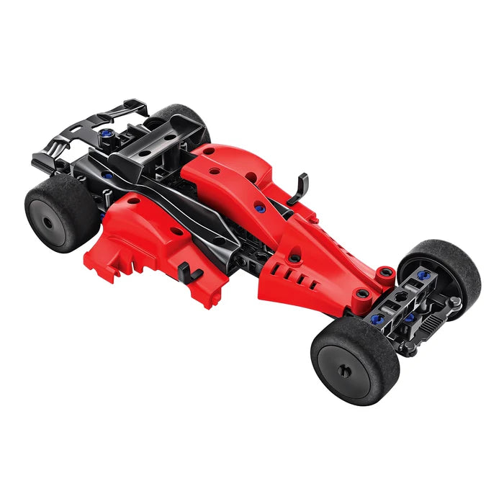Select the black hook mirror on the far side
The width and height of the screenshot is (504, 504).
click(x=297, y=189)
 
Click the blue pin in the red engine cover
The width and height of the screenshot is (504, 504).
click(x=260, y=208)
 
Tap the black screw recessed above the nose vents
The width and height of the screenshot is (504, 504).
click(x=294, y=255)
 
